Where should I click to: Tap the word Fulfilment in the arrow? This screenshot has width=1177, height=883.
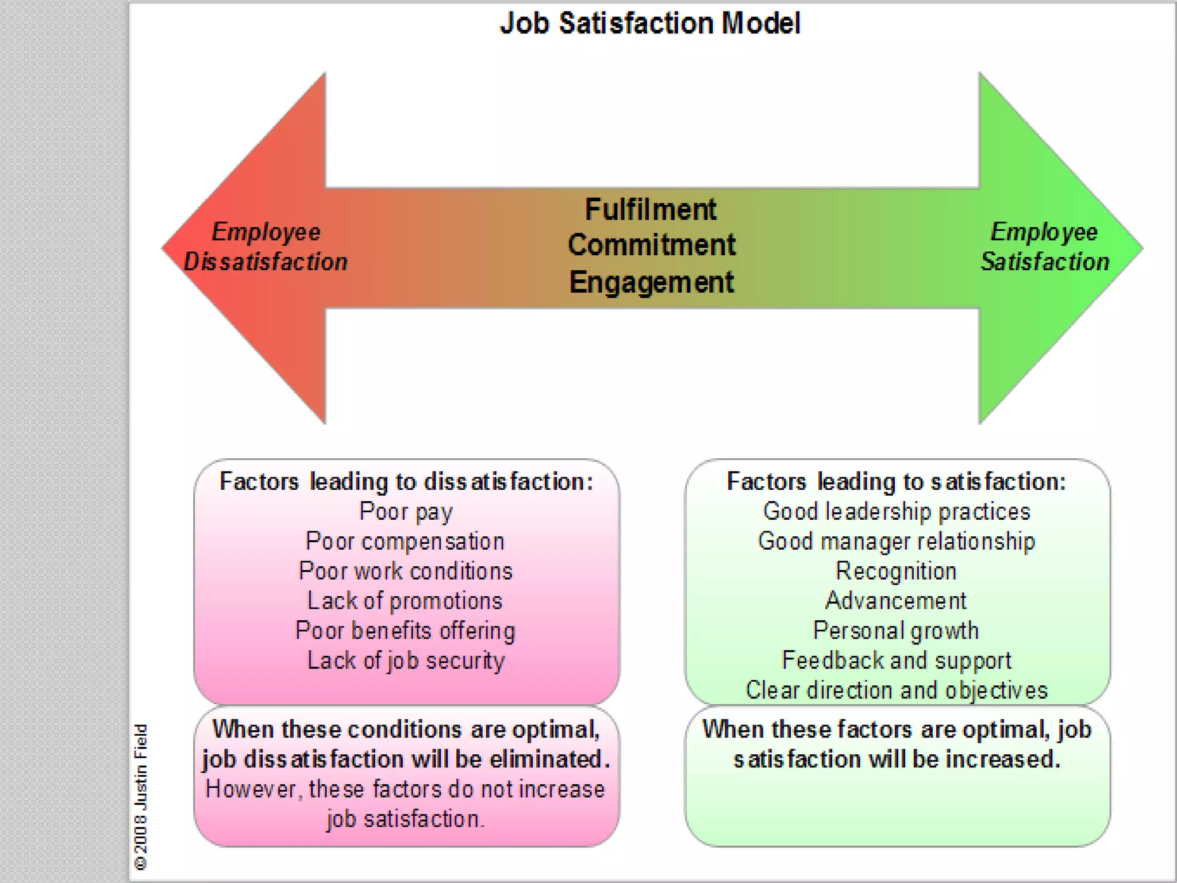[651, 209]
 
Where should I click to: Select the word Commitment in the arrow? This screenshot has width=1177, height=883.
[651, 245]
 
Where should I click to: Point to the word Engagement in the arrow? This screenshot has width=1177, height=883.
[651, 282]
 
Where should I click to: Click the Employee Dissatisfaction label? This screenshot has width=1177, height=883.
[266, 247]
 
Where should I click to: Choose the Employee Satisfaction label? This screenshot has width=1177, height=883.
[1044, 247]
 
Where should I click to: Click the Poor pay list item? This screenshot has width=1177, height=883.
[406, 512]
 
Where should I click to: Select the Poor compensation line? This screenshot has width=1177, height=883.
[405, 542]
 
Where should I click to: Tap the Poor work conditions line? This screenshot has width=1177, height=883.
[405, 571]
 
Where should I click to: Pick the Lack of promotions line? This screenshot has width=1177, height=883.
[405, 601]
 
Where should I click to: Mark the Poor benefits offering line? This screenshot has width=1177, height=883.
[405, 631]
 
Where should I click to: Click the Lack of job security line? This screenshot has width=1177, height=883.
[405, 661]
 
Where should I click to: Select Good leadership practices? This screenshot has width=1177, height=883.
[897, 512]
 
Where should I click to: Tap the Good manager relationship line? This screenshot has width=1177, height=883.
[897, 542]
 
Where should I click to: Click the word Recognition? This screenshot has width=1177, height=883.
[896, 571]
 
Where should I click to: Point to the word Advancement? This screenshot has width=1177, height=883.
[896, 601]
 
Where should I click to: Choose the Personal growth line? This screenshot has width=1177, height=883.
[896, 631]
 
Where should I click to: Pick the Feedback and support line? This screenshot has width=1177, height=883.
[897, 661]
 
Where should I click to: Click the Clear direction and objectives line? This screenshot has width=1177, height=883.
[897, 690]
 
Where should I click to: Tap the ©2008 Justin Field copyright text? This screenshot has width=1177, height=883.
[141, 797]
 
